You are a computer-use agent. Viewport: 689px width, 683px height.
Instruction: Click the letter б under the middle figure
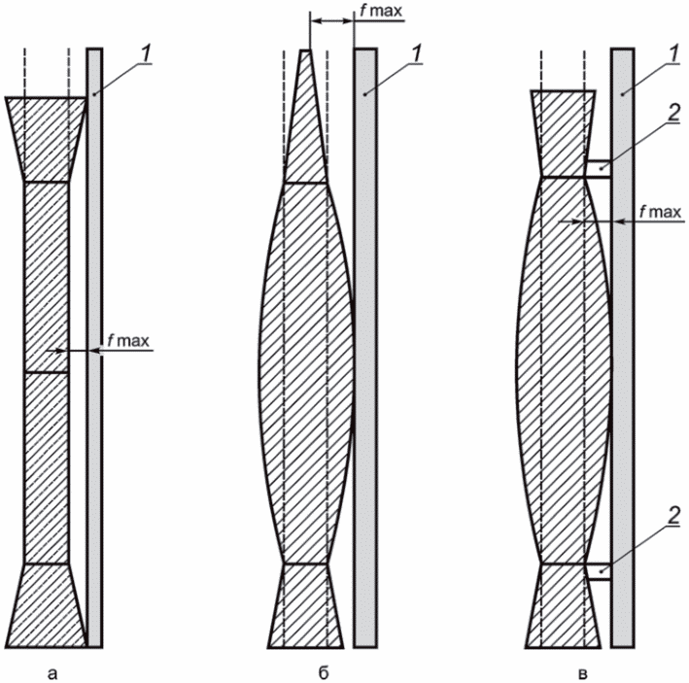coord(324,672)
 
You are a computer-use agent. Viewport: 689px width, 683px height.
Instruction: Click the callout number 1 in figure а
coord(147,55)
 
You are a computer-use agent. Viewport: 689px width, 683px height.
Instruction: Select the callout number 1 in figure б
coord(417,55)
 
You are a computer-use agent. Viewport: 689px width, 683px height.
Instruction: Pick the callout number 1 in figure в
coord(673,55)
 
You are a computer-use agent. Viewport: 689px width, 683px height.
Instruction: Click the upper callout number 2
coord(674,114)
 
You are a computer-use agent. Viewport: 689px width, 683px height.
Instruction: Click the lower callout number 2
coord(674,515)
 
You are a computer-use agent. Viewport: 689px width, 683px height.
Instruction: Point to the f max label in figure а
coord(128,340)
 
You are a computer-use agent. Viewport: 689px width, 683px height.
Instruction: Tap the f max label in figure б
coord(381,11)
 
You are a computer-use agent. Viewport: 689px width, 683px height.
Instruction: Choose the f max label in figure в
coord(660,212)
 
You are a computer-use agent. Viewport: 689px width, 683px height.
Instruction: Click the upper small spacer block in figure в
coord(598,169)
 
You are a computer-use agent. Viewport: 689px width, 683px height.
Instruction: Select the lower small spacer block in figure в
coord(598,571)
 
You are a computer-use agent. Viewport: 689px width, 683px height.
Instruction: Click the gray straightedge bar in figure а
coord(94,348)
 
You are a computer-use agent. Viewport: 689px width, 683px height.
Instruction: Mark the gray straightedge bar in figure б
coord(365,348)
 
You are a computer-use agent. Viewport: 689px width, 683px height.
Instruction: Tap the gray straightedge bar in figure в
coord(623,348)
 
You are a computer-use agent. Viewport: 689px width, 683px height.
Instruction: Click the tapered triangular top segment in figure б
coord(306,132)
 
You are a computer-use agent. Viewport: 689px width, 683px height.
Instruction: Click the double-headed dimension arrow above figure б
coord(331,20)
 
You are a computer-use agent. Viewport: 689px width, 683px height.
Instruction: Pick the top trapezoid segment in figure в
coord(563,134)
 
